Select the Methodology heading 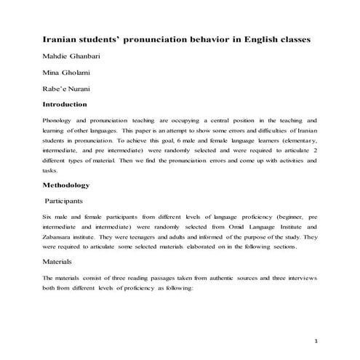[x=76, y=185]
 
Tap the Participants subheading [x=73, y=199]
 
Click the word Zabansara [x=64, y=236]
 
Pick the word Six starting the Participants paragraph [x=49, y=216]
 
